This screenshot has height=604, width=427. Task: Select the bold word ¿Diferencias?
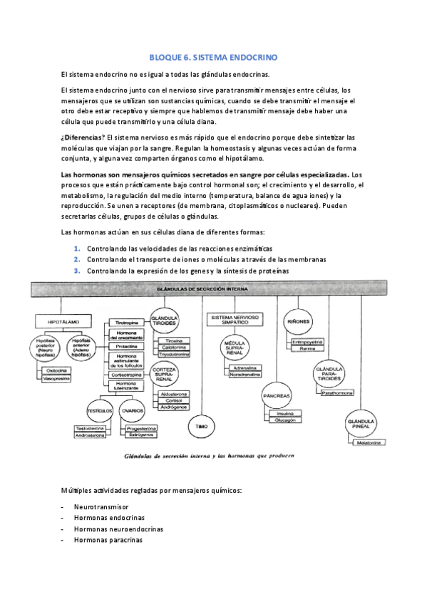tap(83, 137)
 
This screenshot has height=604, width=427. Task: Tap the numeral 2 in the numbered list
tap(77, 259)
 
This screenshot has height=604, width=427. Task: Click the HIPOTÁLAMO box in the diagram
tap(63, 322)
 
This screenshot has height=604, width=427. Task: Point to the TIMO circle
tap(202, 425)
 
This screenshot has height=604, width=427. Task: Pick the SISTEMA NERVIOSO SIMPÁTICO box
tap(235, 320)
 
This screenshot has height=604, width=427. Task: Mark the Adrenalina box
tap(244, 368)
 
